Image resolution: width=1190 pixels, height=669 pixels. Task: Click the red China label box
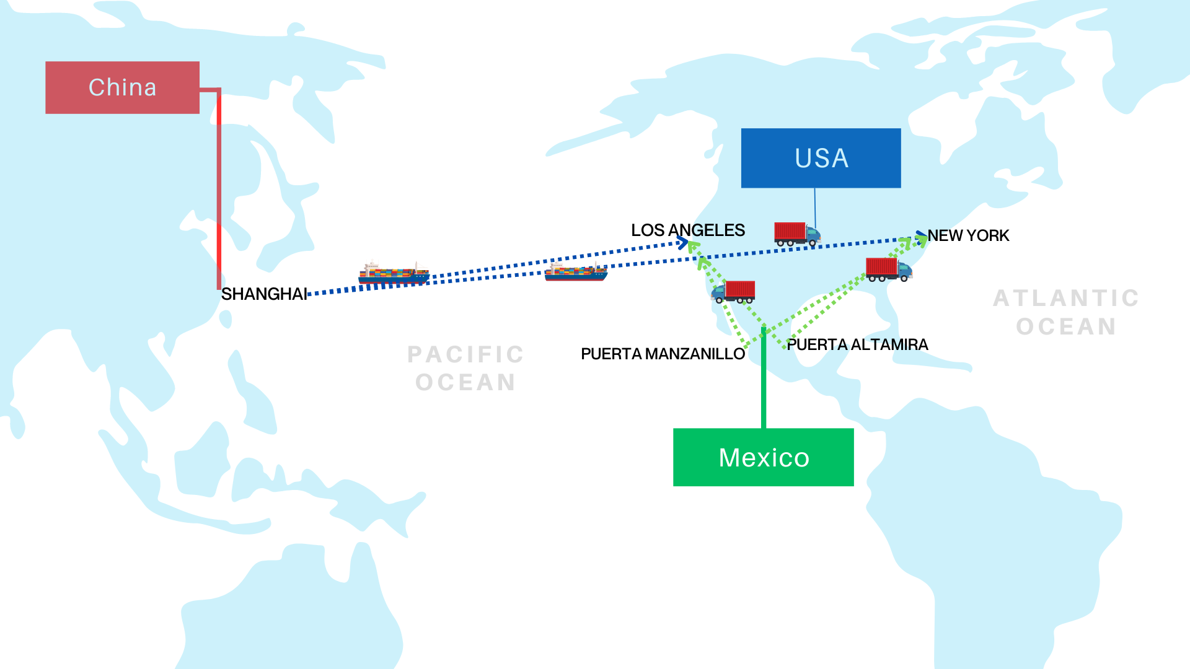click(122, 87)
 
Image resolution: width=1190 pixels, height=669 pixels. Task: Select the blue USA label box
click(821, 158)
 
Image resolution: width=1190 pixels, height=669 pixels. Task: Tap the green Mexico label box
click(763, 457)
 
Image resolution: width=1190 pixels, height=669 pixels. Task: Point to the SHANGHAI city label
click(264, 294)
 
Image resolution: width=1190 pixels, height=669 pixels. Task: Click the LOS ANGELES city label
click(687, 230)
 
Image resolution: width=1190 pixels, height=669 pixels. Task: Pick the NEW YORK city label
click(968, 236)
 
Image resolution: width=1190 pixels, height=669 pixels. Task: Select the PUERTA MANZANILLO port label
click(663, 354)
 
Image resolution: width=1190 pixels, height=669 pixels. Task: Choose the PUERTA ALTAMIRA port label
click(857, 345)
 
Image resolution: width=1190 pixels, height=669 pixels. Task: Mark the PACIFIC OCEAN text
click(465, 369)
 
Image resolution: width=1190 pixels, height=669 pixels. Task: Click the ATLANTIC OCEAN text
click(1066, 312)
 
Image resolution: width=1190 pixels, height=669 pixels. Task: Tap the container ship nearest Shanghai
click(394, 273)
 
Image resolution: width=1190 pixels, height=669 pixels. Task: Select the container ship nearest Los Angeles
click(576, 271)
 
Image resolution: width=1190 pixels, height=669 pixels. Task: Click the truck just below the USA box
click(797, 234)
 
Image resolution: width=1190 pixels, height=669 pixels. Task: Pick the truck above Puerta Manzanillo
click(733, 292)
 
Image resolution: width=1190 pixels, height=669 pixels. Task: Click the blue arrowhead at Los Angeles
click(683, 243)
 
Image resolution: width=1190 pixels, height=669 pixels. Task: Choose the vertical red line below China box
click(219, 192)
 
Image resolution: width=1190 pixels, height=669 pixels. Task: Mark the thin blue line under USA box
click(815, 208)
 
